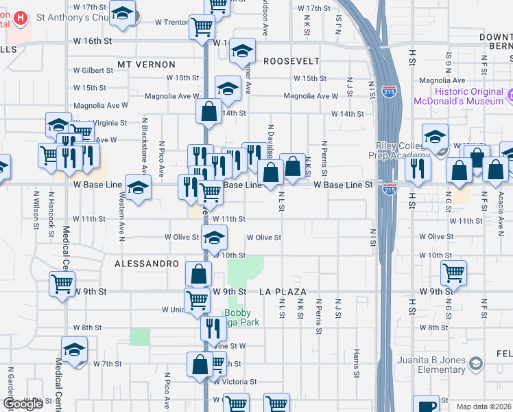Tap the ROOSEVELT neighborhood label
[x=291, y=61]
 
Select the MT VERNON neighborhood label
[x=146, y=65]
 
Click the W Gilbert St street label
[x=93, y=71]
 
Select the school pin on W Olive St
[x=214, y=238]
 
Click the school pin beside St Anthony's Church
[x=123, y=14]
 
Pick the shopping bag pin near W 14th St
[x=208, y=110]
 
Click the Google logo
[x=23, y=404]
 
